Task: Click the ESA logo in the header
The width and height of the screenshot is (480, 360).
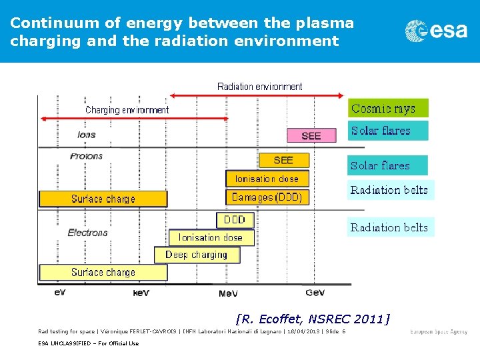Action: pos(436,31)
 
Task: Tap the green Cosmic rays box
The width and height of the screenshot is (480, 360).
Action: pos(388,109)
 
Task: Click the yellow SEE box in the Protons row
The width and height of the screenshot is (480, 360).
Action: pos(283,160)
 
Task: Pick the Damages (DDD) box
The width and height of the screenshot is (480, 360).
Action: pos(267,197)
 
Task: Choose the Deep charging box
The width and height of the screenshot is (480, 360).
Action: pos(195,255)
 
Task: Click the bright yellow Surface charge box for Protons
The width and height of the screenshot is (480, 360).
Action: pos(103,199)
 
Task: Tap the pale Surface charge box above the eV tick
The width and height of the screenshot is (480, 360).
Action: pos(103,272)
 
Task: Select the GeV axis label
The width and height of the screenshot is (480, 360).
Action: pos(315,293)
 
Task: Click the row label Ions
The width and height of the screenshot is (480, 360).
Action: pos(87,135)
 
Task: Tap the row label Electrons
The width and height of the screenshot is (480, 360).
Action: pos(87,233)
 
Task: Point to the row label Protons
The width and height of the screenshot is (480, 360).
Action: pos(87,156)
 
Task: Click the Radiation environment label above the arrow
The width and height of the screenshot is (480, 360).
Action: pos(259,87)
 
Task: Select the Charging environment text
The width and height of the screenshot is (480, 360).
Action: pos(127,110)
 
